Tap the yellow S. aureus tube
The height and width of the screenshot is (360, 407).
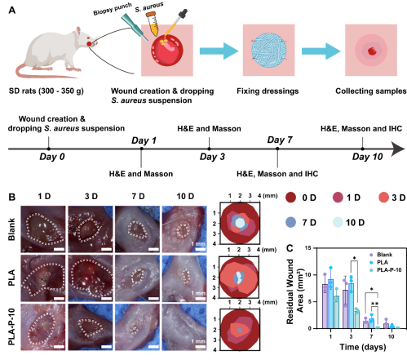[153, 24]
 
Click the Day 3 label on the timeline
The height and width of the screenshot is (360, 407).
[212, 157]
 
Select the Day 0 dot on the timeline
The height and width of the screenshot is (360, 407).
[48, 149]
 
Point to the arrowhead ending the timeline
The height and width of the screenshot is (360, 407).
[398, 149]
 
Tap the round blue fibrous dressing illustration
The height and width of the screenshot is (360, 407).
[268, 51]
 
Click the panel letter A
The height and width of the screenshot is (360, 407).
[12, 10]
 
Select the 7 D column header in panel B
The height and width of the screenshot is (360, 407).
[138, 196]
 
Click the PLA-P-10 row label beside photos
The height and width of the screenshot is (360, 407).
[11, 327]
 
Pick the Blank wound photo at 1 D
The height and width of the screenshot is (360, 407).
[43, 229]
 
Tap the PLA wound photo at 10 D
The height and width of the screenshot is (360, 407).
[184, 278]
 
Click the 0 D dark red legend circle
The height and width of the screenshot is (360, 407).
[291, 198]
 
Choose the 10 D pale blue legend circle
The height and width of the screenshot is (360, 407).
[338, 222]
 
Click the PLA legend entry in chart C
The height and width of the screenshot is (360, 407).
[379, 262]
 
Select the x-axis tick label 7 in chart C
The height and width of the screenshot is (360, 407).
[371, 336]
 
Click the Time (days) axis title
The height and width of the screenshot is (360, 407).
[363, 347]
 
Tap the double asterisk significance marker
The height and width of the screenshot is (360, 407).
[375, 304]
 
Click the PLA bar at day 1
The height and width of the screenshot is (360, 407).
[330, 304]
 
